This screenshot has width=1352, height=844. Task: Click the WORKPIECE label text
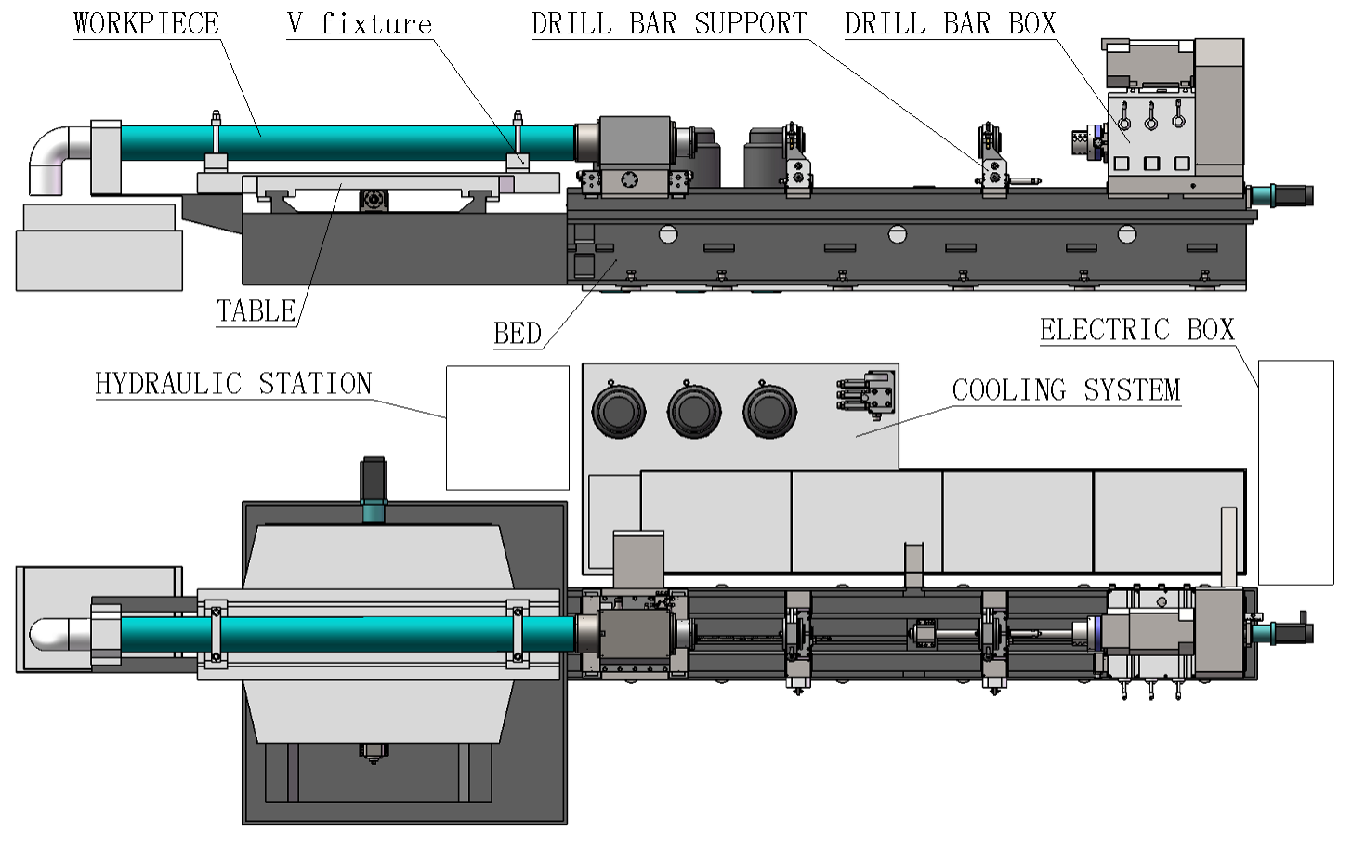click(146, 23)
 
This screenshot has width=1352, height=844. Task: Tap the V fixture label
click(360, 23)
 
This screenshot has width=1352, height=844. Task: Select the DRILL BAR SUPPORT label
click(669, 23)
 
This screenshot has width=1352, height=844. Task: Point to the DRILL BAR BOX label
click(950, 23)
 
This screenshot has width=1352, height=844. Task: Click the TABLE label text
click(256, 310)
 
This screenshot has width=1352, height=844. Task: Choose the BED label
click(517, 333)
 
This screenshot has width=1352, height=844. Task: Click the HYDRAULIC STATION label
click(233, 384)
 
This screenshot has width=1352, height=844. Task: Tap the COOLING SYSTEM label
click(1066, 390)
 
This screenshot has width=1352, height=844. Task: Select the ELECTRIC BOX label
click(1136, 330)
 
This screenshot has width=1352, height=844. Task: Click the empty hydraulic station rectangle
click(507, 428)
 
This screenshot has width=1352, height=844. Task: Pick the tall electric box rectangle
click(1295, 472)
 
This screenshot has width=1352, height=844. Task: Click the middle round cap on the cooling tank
click(694, 411)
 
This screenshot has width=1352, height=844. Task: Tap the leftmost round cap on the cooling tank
click(619, 411)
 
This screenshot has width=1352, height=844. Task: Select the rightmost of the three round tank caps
click(769, 411)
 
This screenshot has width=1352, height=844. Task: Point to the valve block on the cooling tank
click(868, 392)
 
